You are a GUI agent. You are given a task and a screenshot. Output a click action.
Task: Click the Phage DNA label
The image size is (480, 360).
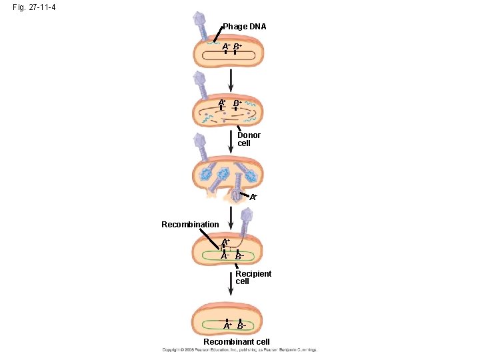244,27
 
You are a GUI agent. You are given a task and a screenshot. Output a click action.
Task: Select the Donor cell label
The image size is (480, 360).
249,139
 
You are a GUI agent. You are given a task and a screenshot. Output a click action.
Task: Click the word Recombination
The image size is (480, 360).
190,225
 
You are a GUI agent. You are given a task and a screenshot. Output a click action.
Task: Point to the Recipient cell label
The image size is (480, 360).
253,277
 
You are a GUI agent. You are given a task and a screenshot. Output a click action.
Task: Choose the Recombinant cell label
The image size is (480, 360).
237,342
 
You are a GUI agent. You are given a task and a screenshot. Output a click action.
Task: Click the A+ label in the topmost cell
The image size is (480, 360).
227,47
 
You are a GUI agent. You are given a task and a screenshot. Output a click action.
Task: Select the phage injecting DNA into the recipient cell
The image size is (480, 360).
247,219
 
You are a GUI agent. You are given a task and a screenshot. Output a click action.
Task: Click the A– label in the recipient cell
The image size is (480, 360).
225,256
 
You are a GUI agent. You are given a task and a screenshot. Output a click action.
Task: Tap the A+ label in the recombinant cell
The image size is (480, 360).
227,326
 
